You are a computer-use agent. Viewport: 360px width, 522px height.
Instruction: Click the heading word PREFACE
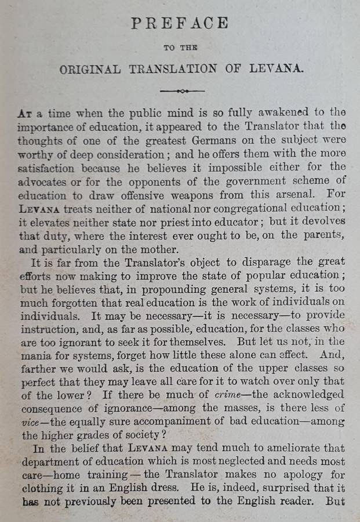(180, 24)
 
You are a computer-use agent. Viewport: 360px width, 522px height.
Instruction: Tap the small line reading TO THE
(180, 48)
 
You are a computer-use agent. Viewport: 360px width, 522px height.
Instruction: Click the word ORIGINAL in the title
(90, 69)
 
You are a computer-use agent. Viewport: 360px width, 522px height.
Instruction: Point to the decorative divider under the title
(181, 91)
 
